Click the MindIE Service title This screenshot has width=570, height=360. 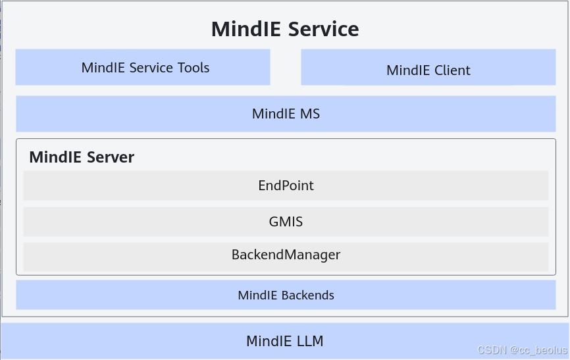point(285,29)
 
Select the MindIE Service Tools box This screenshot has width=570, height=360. point(143,67)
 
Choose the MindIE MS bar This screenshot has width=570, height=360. point(286,113)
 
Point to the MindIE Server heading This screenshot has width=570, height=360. point(82,157)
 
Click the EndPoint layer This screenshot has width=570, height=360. point(286,186)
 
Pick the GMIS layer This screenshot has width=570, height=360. point(286,221)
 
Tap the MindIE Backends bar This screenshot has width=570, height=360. point(286,295)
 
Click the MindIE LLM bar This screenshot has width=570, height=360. point(285,341)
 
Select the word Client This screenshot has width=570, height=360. point(449,70)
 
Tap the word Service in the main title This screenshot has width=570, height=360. point(324,29)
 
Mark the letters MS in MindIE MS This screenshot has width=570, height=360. point(309,113)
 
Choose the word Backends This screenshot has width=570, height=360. point(307,295)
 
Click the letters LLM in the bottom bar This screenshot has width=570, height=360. point(309,341)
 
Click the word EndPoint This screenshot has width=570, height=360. point(286,186)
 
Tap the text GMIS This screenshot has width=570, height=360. point(286,221)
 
